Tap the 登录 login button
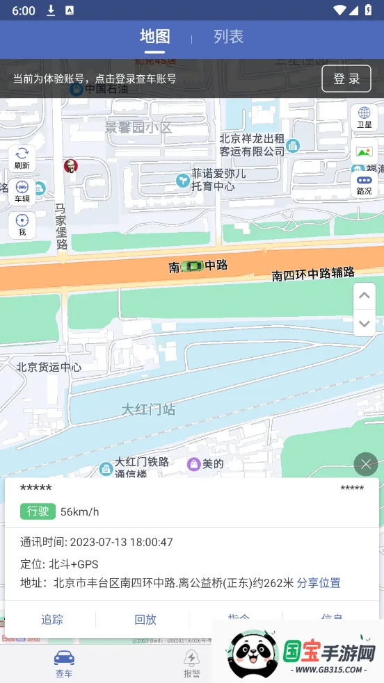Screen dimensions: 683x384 (x=346, y=79)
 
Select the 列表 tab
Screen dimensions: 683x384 (x=228, y=37)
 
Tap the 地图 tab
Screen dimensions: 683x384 (x=154, y=37)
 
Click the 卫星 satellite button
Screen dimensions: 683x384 (x=364, y=117)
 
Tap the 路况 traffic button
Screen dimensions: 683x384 (x=364, y=185)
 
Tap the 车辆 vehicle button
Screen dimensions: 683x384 (x=22, y=192)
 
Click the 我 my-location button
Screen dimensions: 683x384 (x=22, y=225)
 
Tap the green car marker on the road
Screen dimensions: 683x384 (x=193, y=266)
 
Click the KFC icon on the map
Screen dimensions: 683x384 (x=70, y=165)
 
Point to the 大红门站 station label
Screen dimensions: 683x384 (x=148, y=409)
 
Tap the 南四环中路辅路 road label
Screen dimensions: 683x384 (x=313, y=274)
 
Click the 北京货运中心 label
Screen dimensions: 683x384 (x=49, y=367)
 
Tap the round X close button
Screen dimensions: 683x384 (x=365, y=463)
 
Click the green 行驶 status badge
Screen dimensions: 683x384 (x=38, y=511)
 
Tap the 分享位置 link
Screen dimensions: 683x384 (x=319, y=583)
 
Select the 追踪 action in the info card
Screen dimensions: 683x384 (x=52, y=620)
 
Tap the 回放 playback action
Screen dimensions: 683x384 (x=145, y=620)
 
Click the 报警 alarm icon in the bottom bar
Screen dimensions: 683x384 (x=191, y=664)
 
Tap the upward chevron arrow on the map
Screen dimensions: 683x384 (x=364, y=296)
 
